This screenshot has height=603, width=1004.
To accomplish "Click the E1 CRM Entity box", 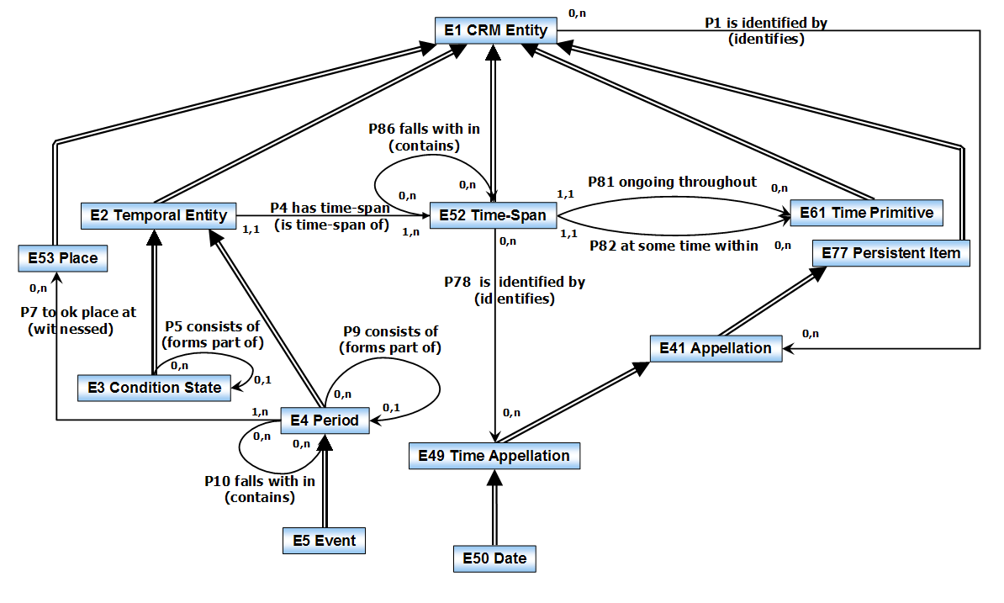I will pyautogui.click(x=496, y=31).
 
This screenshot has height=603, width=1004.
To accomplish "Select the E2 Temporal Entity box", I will pyautogui.click(x=158, y=215).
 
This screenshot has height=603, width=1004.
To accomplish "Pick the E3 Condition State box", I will pyautogui.click(x=154, y=388).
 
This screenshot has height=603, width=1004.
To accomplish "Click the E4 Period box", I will pyautogui.click(x=325, y=421).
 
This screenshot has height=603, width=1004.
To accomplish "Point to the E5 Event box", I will pyautogui.click(x=324, y=540).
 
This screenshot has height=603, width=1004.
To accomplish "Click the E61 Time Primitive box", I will pyautogui.click(x=865, y=213).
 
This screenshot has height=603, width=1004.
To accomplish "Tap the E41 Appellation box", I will pyautogui.click(x=716, y=348).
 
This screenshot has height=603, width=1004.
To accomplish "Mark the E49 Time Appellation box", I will pyautogui.click(x=494, y=456).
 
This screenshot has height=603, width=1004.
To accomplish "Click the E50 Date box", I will pyautogui.click(x=494, y=558).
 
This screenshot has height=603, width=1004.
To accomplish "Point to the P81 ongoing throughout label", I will pyautogui.click(x=672, y=182).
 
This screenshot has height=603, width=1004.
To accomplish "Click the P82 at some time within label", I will pyautogui.click(x=673, y=246).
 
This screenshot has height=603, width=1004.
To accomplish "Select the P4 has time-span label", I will pyautogui.click(x=329, y=207).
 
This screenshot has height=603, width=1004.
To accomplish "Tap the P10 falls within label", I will pyautogui.click(x=260, y=482).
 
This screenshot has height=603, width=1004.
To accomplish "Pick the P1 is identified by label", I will pyautogui.click(x=765, y=23).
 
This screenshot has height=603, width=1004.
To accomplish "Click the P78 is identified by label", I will pyautogui.click(x=515, y=283).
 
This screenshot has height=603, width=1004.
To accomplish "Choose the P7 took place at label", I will pyautogui.click(x=77, y=312).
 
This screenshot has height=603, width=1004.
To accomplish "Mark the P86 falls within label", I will pyautogui.click(x=425, y=129).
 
